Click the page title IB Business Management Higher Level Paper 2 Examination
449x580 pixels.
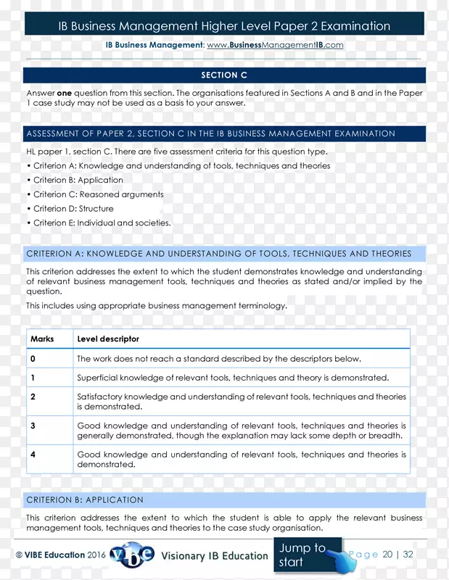pyautogui.click(x=224, y=26)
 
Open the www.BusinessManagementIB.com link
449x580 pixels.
pyautogui.click(x=275, y=45)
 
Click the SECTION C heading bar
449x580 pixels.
pyautogui.click(x=224, y=75)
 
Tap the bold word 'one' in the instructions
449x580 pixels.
pyautogui.click(x=65, y=93)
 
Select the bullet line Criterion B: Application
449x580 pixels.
pyautogui.click(x=78, y=180)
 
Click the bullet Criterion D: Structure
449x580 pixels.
pyautogui.click(x=73, y=209)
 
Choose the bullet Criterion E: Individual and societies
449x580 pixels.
pyautogui.click(x=102, y=223)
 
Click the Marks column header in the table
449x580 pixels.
pyautogui.click(x=42, y=339)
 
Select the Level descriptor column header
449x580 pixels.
pyautogui.click(x=108, y=339)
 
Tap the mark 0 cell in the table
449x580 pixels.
pyautogui.click(x=33, y=359)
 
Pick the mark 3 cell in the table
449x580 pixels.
pyautogui.click(x=33, y=426)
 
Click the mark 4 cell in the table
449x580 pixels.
pyautogui.click(x=33, y=455)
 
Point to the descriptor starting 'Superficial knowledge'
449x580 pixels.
pyautogui.click(x=233, y=378)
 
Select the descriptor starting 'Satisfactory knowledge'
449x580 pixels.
pyautogui.click(x=242, y=402)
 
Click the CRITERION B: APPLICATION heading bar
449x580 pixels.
pyautogui.click(x=224, y=500)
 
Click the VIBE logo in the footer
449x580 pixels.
pyautogui.click(x=132, y=555)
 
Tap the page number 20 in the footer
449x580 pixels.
pyautogui.click(x=387, y=555)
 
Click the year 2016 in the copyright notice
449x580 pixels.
pyautogui.click(x=97, y=555)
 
